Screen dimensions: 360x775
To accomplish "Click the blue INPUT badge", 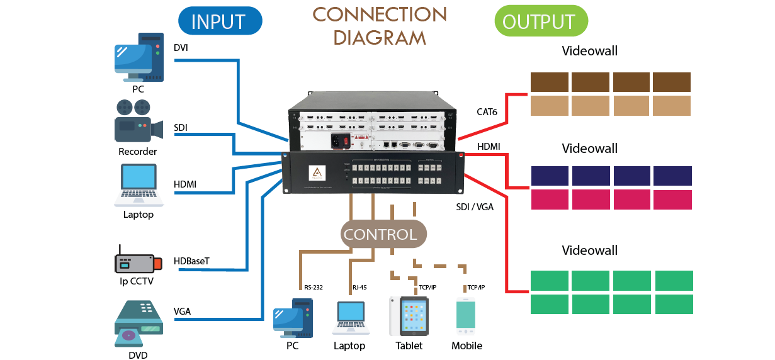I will tap(220, 21).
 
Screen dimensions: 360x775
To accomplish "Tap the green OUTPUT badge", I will tap(541, 21).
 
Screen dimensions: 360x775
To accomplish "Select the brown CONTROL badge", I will tap(380, 235).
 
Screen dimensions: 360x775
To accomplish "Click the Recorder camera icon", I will tap(138, 121).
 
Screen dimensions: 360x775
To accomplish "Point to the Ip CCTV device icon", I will tap(134, 262).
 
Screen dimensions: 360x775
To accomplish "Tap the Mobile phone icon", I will tap(465, 317).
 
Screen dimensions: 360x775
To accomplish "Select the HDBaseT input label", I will tap(192, 261).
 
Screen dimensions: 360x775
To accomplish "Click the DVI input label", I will tap(181, 48).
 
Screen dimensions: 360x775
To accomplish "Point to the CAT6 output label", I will tap(487, 112).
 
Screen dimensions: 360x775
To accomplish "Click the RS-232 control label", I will tap(313, 288).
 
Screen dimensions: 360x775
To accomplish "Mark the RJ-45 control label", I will tap(359, 288).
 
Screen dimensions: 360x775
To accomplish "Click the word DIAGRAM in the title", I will tap(380, 37).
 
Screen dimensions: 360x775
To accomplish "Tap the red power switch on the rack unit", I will tap(346, 142).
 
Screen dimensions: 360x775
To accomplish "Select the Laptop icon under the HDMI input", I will tap(139, 184).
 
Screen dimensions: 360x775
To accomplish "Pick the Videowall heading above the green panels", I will tap(589, 250).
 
